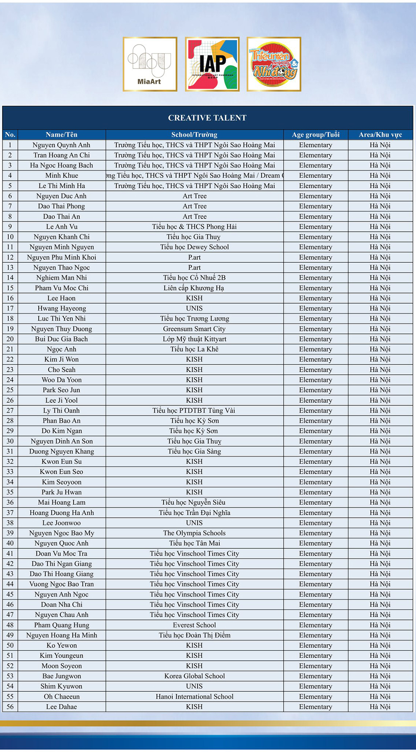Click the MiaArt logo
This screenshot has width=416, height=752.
pos(150,64)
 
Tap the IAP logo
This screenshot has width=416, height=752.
pos(212,64)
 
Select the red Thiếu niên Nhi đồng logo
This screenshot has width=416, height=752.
pos(274,64)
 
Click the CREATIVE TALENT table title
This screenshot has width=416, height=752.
pos(207,118)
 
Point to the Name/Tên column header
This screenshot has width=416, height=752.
pos(62,134)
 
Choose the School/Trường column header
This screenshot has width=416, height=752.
pos(194,134)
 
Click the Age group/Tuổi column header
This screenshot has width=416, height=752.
pos(316,134)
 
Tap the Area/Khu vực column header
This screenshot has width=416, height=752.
pos(380,134)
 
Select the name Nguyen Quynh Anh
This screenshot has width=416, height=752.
pos(62,145)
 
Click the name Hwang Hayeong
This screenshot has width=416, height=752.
pos(62,308)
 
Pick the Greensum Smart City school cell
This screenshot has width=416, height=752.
pos(194,329)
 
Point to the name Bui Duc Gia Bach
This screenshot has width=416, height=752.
pos(62,339)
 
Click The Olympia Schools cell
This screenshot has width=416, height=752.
pos(194,533)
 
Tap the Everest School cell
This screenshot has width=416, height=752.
pos(194,625)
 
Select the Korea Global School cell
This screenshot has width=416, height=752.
pos(194,676)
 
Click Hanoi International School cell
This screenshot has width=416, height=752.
pos(194,696)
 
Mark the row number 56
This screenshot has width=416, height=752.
pos(10,707)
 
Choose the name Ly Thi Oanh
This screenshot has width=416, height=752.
pos(62,410)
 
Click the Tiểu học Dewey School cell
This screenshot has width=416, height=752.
pos(194,247)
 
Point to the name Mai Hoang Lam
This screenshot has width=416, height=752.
pos(62,502)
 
